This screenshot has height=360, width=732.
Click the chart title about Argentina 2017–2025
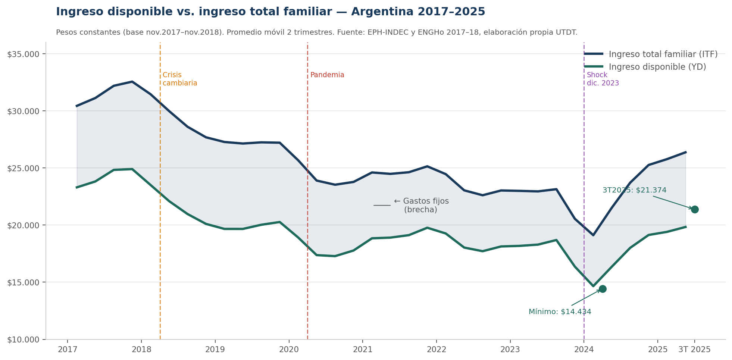pos(270,12)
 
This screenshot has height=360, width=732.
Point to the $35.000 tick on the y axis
pos(23,54)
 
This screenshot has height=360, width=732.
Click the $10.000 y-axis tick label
pos(23,339)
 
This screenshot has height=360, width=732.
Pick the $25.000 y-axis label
pos(23,168)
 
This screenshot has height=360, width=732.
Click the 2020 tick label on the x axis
pos(289,350)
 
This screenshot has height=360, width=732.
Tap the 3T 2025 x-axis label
pos(694,350)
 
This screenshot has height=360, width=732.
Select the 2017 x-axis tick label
pos(68,350)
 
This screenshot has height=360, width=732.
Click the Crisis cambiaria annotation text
pos(179,79)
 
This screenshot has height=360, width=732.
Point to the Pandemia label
pos(327,75)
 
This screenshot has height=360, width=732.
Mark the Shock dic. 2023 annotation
pos(603,79)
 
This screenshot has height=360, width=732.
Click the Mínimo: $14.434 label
pos(560,312)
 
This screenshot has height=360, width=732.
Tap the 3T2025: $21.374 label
pos(634,190)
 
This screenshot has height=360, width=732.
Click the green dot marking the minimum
pos(603,289)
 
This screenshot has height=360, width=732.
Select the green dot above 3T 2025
pos(695,209)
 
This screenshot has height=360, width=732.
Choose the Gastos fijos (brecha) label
pos(421,206)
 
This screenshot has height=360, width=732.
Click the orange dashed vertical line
pos(160,224)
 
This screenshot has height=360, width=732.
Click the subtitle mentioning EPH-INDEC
pos(316,32)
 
